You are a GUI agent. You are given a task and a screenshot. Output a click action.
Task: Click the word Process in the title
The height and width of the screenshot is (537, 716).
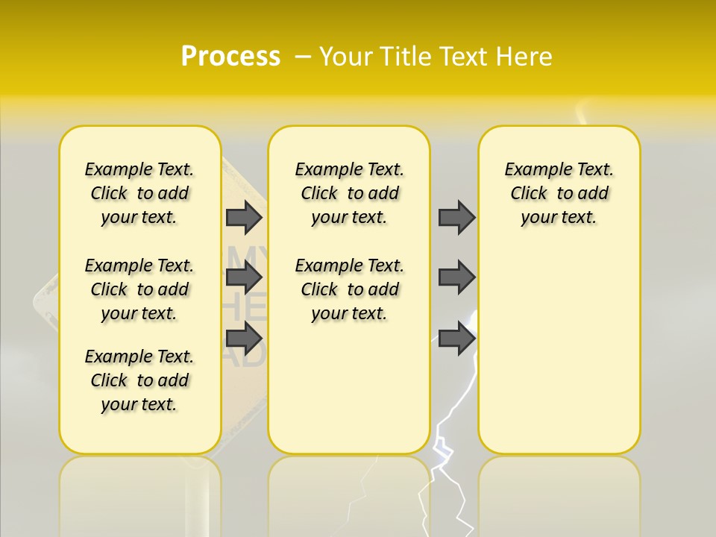tap(230, 57)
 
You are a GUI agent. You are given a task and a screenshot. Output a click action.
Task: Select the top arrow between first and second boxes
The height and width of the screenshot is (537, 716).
tap(244, 217)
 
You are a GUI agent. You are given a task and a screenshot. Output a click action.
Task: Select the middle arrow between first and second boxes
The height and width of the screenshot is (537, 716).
tap(244, 277)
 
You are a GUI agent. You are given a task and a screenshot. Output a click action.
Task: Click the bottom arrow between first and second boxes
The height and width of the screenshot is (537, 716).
tap(244, 338)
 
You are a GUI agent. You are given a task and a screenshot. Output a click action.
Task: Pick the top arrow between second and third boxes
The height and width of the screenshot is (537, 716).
tap(456, 217)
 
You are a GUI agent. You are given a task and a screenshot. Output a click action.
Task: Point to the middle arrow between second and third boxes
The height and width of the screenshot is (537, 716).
tap(456, 277)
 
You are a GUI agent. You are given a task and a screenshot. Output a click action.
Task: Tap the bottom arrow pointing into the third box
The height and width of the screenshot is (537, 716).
tap(456, 338)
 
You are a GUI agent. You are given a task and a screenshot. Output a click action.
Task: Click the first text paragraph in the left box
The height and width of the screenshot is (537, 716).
tap(139, 193)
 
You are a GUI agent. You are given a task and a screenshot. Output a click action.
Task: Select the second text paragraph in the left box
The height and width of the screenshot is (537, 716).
tap(139, 289)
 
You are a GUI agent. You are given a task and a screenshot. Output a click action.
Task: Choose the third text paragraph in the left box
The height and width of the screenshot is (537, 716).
tap(139, 380)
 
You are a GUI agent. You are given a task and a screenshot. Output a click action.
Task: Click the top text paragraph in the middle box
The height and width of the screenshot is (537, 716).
tap(349, 193)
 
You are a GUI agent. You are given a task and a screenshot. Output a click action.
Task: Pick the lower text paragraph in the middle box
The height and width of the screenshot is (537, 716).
tap(349, 289)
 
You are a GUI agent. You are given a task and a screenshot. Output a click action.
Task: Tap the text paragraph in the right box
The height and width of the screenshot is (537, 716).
tap(559, 193)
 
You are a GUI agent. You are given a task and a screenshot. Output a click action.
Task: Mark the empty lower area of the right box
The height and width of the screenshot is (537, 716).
tap(559, 351)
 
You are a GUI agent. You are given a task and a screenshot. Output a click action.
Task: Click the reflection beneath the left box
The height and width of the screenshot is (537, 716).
tap(140, 492)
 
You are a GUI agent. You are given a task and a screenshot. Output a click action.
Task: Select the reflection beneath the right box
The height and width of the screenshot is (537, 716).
tap(559, 492)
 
